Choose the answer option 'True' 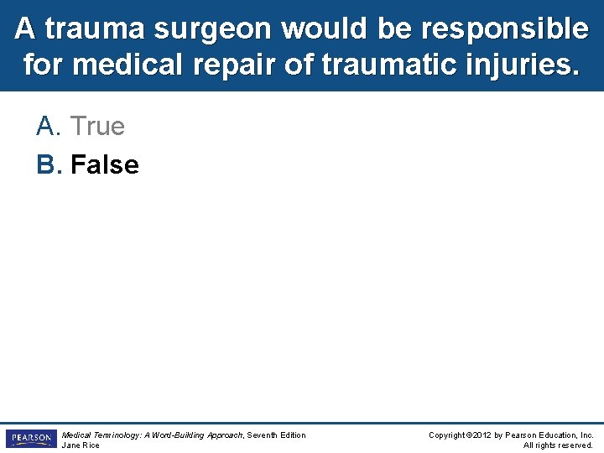point(97,127)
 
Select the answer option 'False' point(105,164)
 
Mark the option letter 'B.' point(49,164)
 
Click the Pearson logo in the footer point(31,439)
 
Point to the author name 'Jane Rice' point(81,445)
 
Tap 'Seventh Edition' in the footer point(276,435)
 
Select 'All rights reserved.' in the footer point(558,445)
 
